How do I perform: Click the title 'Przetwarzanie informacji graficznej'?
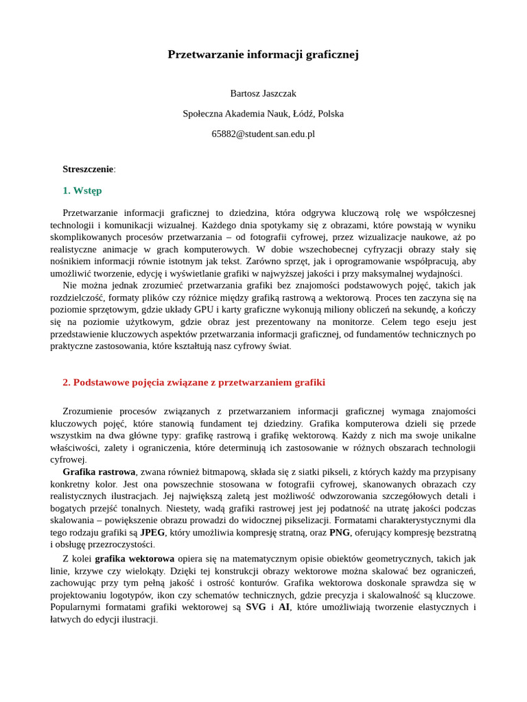263,55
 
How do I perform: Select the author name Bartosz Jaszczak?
263,93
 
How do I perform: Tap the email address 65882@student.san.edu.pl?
263,134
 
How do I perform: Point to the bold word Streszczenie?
88,169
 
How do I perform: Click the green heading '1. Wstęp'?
82,191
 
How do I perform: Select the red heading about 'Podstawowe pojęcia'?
194,383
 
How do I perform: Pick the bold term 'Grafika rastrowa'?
99,472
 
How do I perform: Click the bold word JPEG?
152,533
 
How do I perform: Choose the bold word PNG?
339,533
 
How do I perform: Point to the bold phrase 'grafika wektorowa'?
134,559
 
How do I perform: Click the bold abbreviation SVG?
256,607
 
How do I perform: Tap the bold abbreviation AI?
284,607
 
